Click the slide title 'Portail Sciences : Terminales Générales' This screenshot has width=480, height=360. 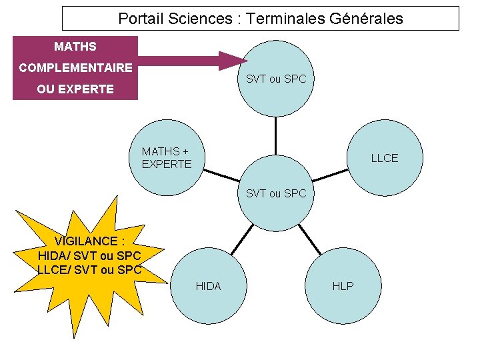click(x=261, y=19)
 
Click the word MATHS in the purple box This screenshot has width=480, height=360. click(x=75, y=47)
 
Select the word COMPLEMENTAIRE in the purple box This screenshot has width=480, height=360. click(x=75, y=67)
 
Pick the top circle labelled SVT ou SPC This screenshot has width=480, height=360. click(x=276, y=79)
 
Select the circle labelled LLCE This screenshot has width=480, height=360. click(x=385, y=158)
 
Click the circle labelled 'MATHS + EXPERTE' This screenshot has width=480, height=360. click(x=167, y=158)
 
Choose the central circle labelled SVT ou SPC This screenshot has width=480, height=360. click(x=276, y=193)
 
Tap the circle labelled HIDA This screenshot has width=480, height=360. click(x=208, y=286)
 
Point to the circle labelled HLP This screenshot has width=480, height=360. click(x=343, y=286)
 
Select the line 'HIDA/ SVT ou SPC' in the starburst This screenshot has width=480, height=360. click(x=90, y=255)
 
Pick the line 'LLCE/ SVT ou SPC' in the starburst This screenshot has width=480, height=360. click(x=90, y=270)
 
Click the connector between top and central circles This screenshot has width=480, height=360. click(x=276, y=136)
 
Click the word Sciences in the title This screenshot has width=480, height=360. click(x=199, y=19)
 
